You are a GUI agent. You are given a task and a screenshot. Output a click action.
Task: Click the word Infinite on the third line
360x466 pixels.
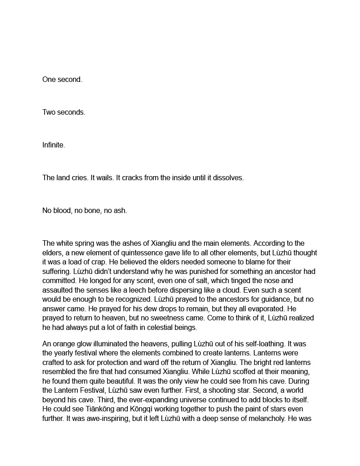pyautogui.click(x=54, y=145)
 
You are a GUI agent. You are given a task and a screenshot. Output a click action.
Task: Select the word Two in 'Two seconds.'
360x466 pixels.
pyautogui.click(x=49, y=112)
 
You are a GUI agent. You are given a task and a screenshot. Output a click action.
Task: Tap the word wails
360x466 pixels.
pyautogui.click(x=94, y=178)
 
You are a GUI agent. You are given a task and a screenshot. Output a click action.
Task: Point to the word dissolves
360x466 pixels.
pyautogui.click(x=228, y=178)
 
